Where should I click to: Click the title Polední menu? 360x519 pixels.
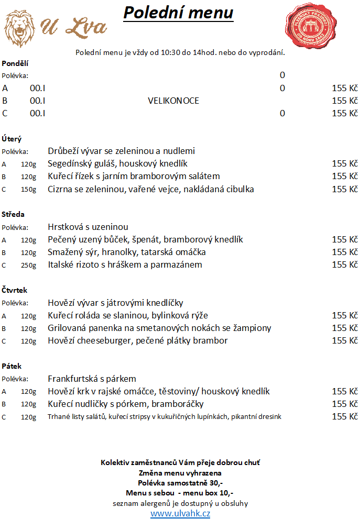pos(178,13)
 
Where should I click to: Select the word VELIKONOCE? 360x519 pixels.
pos(173,101)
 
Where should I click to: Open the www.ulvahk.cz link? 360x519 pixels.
pos(180,514)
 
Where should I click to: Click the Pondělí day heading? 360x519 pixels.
pos(15,63)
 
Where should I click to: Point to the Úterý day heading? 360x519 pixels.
pos(12,139)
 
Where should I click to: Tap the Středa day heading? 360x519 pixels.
pos(13,214)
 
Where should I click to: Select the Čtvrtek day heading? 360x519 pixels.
pos(15,290)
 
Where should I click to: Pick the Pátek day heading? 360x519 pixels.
pos(12,366)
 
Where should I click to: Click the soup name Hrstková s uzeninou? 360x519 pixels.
pos(88,227)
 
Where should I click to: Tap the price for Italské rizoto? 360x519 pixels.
pos(344,264)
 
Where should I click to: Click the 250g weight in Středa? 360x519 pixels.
pos(29,265)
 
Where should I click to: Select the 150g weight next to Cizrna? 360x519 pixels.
pos(29,190)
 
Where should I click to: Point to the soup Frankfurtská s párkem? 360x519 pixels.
pos(92,379)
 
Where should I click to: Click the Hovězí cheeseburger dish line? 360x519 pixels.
pos(138,340)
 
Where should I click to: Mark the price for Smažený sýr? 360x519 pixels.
pos(344,252)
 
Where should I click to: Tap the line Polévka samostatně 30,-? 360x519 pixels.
pos(180,483)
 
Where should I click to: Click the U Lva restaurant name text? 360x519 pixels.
pos(73,26)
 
